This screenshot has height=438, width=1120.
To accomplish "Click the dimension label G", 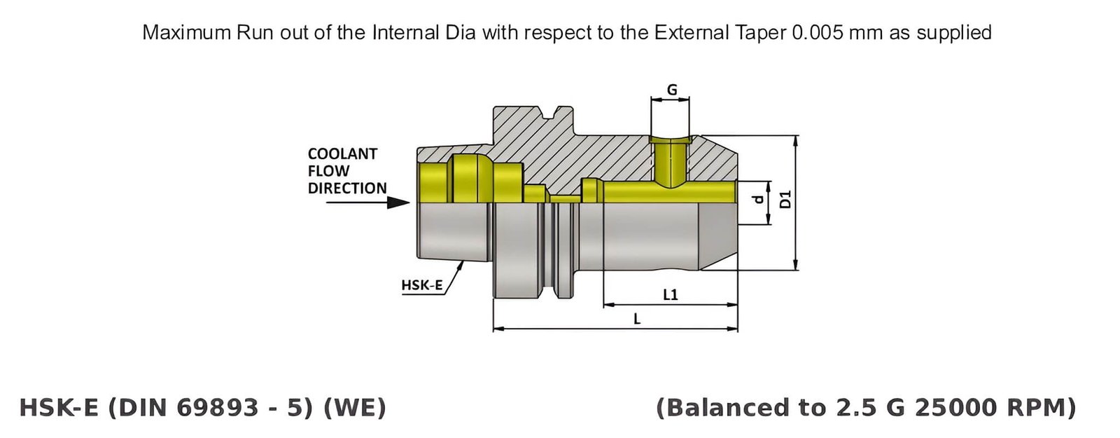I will [x=671, y=90].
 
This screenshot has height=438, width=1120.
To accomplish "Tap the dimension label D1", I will [x=785, y=199].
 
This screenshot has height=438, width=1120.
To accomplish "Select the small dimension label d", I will [x=757, y=200].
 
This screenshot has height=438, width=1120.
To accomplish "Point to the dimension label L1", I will [x=670, y=294].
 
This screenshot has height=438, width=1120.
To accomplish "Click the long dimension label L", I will [x=636, y=319].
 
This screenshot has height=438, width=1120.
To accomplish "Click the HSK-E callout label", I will [x=421, y=285].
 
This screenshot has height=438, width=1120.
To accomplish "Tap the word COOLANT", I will [x=342, y=154].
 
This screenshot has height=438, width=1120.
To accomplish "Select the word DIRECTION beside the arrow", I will [x=347, y=189].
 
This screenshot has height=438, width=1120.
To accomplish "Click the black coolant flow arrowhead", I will [x=398, y=203].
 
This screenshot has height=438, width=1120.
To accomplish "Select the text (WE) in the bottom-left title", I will [x=355, y=407].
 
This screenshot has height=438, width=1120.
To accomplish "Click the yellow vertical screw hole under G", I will [x=670, y=163].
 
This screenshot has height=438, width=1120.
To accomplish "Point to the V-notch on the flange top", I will [x=560, y=112].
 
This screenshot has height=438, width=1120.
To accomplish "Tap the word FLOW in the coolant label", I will [x=328, y=171].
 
